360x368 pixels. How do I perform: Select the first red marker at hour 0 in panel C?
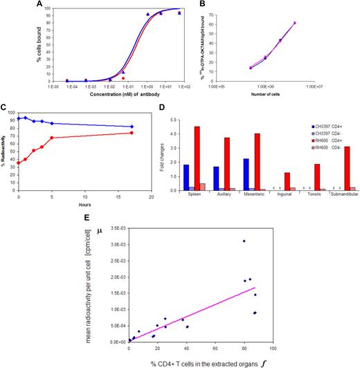(x=18, y=163)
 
